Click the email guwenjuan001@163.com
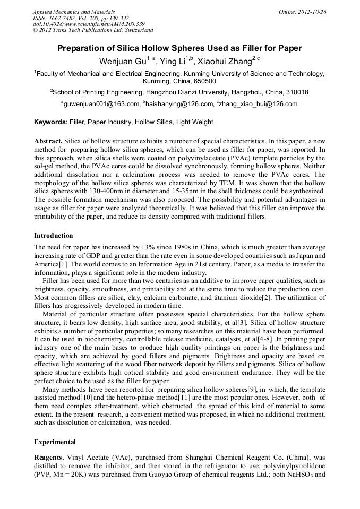click(x=102, y=104)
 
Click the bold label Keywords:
click(x=51, y=122)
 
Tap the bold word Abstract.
click(x=48, y=141)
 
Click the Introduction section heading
click(x=54, y=235)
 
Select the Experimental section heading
click(x=55, y=442)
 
